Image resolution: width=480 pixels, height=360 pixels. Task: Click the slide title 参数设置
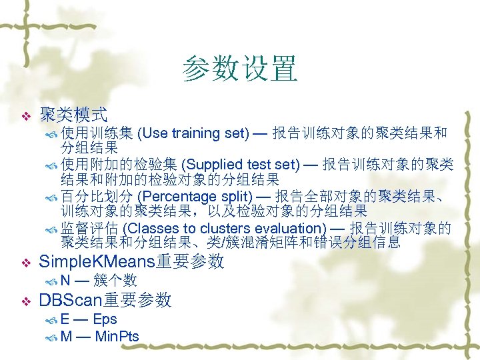239,69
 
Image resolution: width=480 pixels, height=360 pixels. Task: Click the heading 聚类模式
73,115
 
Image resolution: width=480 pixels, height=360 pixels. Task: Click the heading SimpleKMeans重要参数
132,261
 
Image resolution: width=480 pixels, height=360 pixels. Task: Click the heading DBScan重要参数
105,301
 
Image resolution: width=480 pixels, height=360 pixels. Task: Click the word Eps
105,319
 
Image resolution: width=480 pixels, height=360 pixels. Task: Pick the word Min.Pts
117,336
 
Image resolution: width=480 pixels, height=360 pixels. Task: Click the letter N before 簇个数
65,280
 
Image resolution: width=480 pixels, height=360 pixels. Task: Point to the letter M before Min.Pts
66,336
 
